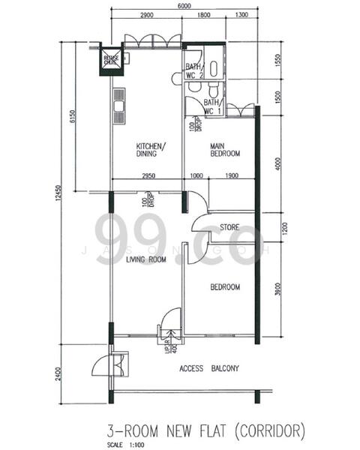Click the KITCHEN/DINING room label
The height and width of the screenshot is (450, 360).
click(x=151, y=150)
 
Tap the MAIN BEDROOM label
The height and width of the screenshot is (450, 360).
click(x=224, y=149)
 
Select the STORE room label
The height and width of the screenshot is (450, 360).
click(x=229, y=226)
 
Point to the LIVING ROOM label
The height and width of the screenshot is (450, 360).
click(x=145, y=259)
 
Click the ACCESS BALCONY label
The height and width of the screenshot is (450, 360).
click(x=209, y=368)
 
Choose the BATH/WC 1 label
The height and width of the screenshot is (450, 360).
click(x=212, y=106)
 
